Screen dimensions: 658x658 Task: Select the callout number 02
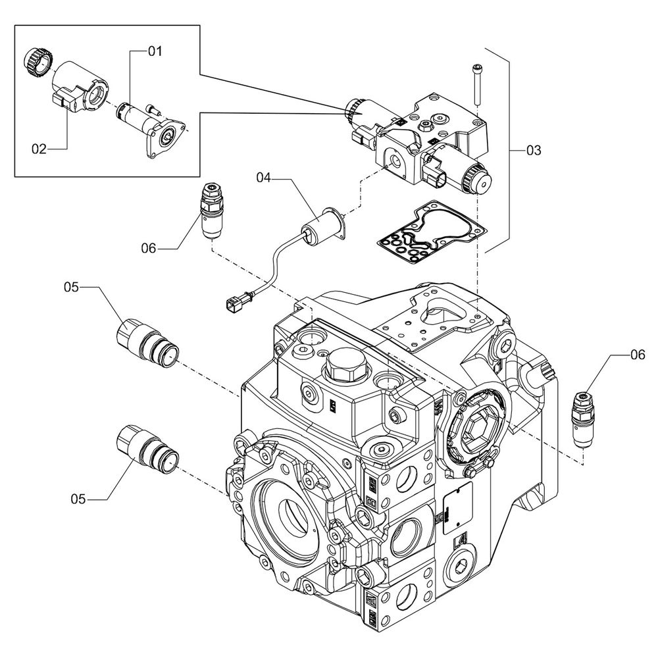39,149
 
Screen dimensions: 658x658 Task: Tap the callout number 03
533,151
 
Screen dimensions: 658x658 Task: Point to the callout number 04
264,176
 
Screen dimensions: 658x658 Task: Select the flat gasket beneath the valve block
431,234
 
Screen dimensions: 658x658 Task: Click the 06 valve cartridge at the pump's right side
583,418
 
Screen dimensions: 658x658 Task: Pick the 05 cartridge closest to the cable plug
146,337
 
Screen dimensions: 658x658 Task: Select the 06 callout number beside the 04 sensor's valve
149,248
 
